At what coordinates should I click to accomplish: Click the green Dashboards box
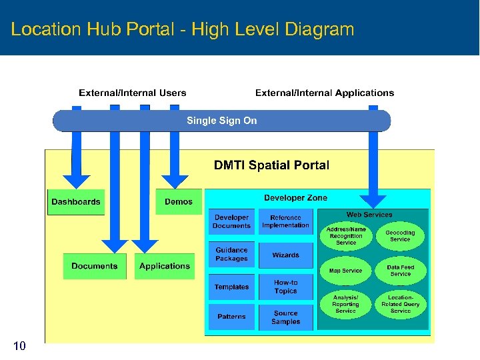76,202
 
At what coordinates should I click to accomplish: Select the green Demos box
178,202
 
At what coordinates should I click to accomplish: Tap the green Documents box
94,266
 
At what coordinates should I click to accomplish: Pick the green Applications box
165,266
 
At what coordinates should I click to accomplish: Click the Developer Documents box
231,222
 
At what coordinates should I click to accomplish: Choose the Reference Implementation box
285,222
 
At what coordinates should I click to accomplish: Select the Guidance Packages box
231,255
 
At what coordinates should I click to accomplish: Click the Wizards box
285,255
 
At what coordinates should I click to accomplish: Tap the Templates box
231,287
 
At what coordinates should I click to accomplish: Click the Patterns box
231,317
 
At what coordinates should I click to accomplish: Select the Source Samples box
285,317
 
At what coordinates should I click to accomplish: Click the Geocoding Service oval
400,237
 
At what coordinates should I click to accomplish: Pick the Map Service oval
345,271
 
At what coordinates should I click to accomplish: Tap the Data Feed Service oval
400,271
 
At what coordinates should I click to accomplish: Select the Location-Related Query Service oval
400,304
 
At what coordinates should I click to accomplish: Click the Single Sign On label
221,121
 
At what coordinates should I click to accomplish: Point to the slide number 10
19,345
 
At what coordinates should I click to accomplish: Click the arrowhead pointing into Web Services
373,201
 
